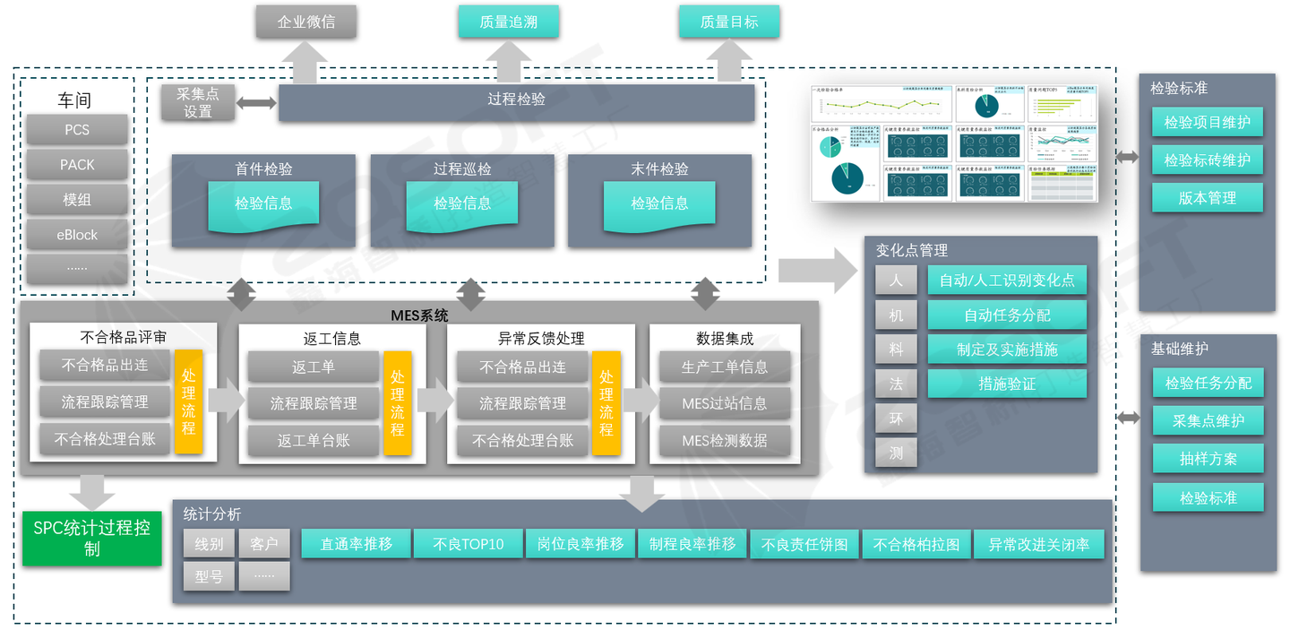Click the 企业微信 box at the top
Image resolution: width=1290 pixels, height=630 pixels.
point(306,22)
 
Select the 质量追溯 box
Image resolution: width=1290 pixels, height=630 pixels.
point(509,22)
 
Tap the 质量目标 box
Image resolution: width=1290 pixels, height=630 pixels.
point(729,22)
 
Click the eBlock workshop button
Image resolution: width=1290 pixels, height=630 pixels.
point(77,235)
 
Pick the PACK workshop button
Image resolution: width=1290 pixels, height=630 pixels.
point(77,165)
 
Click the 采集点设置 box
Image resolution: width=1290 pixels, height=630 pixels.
point(198,103)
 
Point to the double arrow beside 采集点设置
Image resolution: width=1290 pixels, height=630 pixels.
point(257,103)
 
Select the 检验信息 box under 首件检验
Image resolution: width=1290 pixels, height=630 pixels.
point(263,204)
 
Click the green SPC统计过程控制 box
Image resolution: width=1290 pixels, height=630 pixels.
point(91,539)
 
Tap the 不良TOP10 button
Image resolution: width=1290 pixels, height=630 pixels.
point(468,544)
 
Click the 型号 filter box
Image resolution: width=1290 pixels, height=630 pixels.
point(209,577)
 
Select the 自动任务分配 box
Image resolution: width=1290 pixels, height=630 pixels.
point(1007,315)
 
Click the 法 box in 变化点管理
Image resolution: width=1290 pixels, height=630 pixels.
point(896,384)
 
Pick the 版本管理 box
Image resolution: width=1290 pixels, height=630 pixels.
point(1207,198)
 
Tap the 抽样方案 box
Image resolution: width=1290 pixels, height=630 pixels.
point(1208,459)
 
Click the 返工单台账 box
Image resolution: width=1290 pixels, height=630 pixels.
point(314,440)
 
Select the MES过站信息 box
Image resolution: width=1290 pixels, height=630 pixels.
point(725,403)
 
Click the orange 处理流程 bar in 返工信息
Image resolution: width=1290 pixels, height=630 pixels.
point(397,403)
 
